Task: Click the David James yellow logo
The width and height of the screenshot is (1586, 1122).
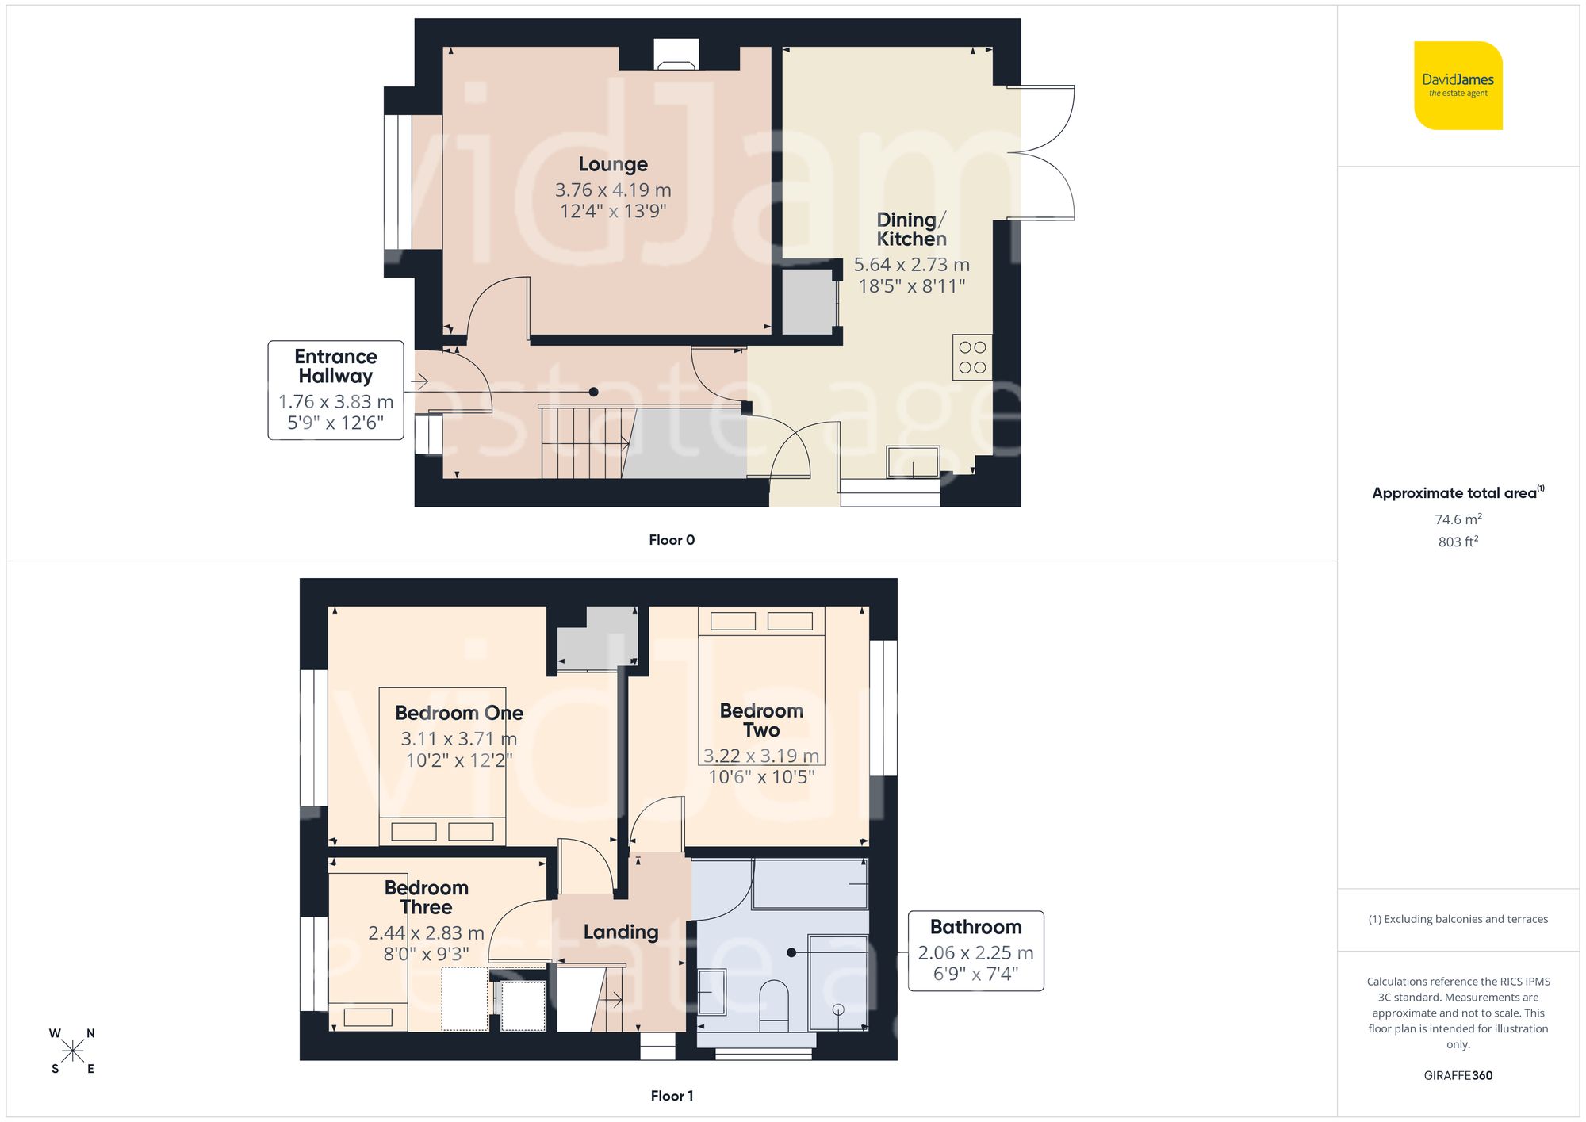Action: point(1458,86)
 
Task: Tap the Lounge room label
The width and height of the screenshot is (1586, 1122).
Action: point(613,164)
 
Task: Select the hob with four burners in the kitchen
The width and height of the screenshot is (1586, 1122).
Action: point(972,358)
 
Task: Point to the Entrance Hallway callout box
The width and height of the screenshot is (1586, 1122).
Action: point(335,389)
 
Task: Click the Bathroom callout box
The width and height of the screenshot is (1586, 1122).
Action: point(975,950)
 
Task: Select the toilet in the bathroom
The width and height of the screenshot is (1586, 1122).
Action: point(774,1005)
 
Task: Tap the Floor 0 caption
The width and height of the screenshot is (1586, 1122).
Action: point(672,540)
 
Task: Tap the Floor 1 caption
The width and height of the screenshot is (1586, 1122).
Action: point(672,1096)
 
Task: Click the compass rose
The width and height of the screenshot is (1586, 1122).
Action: point(72,1051)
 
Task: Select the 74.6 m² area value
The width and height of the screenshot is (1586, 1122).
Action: point(1458,519)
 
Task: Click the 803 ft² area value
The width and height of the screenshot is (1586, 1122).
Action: point(1458,542)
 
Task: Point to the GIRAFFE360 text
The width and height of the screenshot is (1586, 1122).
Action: point(1458,1075)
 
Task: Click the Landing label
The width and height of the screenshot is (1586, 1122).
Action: point(621,932)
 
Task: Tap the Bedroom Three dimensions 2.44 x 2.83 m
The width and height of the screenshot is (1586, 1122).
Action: point(426,933)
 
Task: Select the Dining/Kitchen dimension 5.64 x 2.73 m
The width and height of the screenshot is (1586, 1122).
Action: point(911,265)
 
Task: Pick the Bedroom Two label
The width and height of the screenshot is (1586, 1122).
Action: point(761,720)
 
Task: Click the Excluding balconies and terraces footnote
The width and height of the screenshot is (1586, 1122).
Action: point(1458,919)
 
